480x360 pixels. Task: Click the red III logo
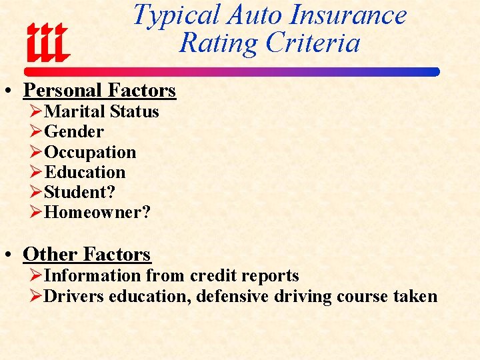(x=47, y=43)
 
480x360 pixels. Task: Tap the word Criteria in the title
(x=313, y=43)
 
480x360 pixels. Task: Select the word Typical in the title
(x=177, y=15)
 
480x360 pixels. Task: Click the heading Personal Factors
(x=99, y=90)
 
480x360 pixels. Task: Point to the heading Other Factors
(x=87, y=254)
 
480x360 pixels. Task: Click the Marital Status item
(x=101, y=111)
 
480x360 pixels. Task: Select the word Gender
(x=73, y=132)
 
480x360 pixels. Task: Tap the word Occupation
(x=90, y=152)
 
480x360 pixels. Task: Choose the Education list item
(x=85, y=172)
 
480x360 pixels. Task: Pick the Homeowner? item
(x=97, y=213)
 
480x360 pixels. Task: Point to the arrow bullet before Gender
(x=36, y=132)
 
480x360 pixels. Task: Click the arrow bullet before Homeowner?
(x=36, y=213)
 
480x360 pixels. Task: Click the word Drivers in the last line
(x=74, y=296)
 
